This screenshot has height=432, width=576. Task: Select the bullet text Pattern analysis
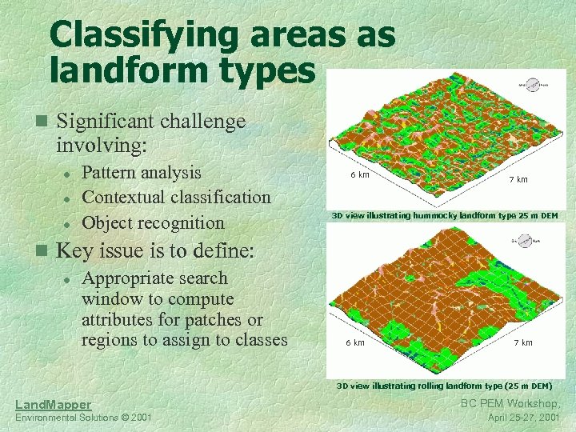coord(142,173)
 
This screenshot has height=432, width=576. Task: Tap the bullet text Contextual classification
coord(176,197)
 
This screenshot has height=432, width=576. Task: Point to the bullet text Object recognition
coord(153,222)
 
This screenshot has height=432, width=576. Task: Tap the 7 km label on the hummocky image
coord(518,180)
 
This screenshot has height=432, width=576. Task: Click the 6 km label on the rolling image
coord(354,343)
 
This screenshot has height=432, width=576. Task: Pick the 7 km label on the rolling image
coord(523,343)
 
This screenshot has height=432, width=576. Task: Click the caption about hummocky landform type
coord(445,216)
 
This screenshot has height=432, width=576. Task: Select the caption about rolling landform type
coord(444,386)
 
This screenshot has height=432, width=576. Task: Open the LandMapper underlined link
coord(53,405)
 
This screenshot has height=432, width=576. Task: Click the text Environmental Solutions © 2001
coord(83,418)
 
